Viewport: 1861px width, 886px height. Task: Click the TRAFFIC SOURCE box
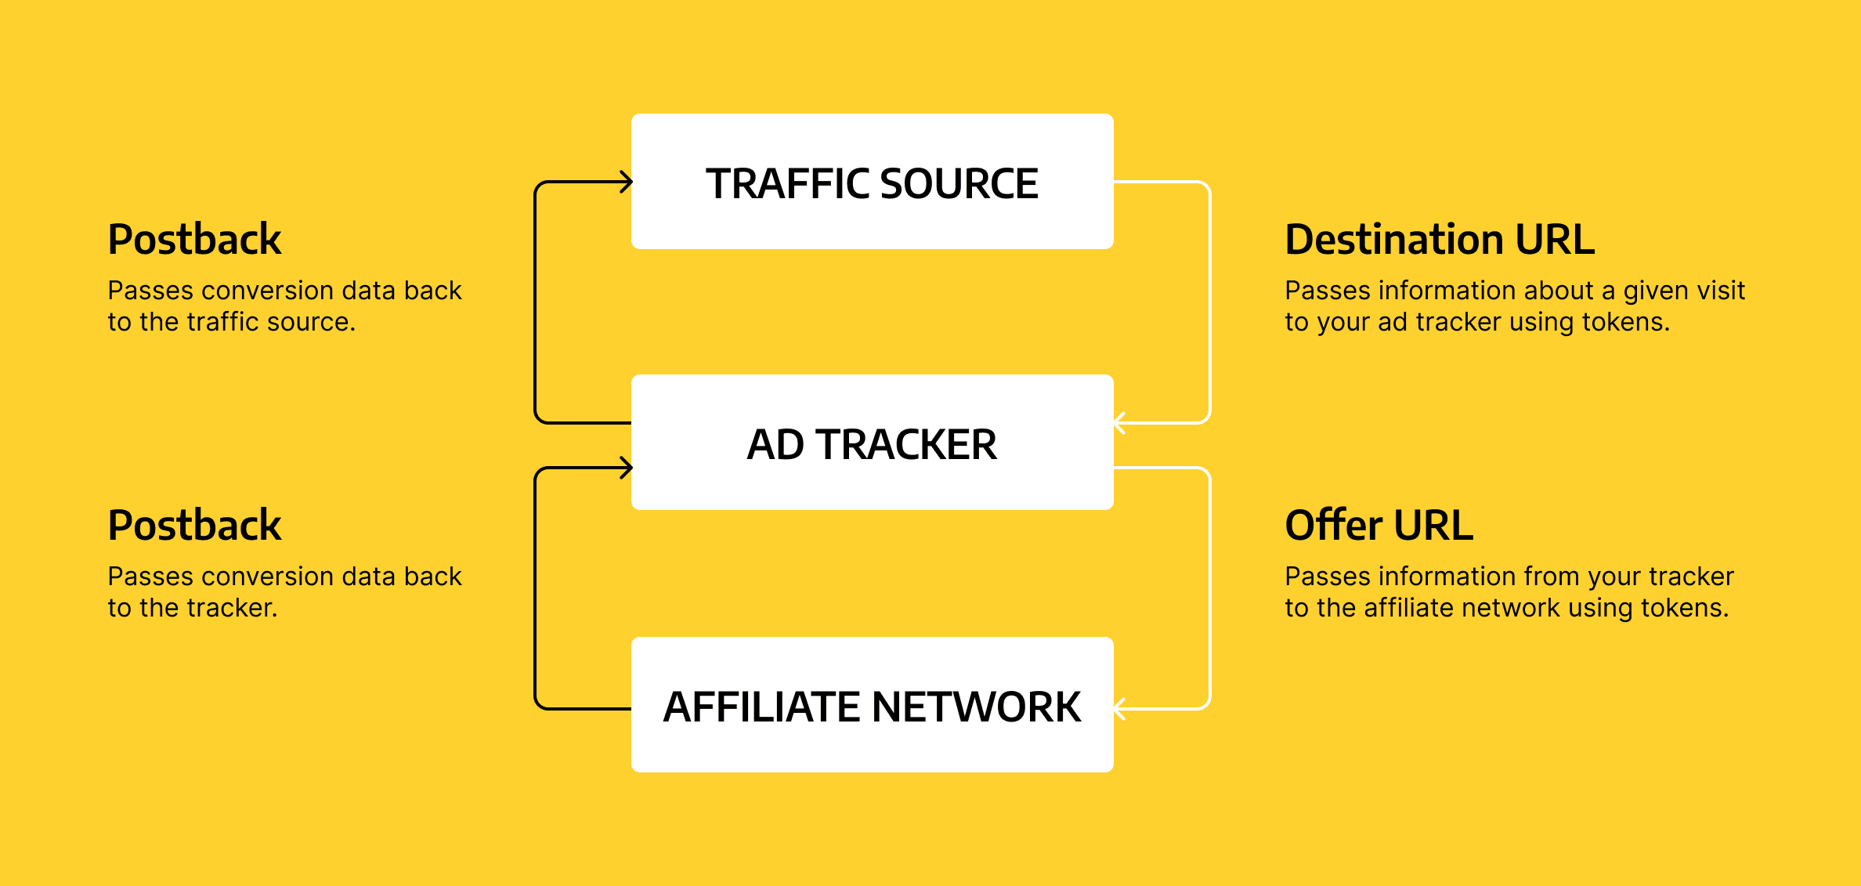(872, 182)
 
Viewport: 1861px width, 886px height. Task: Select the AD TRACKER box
(872, 443)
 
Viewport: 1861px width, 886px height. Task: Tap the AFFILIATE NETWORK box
(872, 705)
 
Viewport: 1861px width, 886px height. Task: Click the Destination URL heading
(1440, 240)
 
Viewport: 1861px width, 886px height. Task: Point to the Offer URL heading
(1379, 526)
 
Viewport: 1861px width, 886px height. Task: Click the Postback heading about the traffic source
(194, 240)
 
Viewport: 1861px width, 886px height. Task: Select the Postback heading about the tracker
(194, 526)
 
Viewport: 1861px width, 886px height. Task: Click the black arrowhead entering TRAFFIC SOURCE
(626, 183)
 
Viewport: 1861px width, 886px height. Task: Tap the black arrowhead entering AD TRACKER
(626, 468)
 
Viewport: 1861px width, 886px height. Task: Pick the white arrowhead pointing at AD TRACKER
(1120, 423)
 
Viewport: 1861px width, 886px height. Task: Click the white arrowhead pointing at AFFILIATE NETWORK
(1120, 709)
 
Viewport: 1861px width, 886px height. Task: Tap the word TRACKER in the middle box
(906, 445)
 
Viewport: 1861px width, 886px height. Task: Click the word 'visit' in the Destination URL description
(1722, 291)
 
